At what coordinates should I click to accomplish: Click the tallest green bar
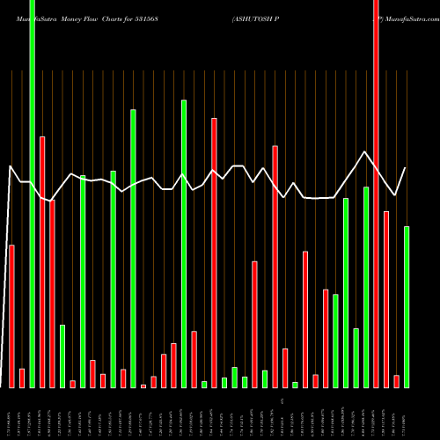[x=32, y=194]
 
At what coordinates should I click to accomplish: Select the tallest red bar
[x=376, y=194]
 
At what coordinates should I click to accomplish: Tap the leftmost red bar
[x=11, y=316]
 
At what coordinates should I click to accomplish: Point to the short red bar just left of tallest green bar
[x=22, y=378]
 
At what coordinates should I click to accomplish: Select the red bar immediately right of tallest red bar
[x=386, y=299]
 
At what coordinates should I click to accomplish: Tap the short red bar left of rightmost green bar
[x=396, y=380]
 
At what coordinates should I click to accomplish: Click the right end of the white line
[x=406, y=168]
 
